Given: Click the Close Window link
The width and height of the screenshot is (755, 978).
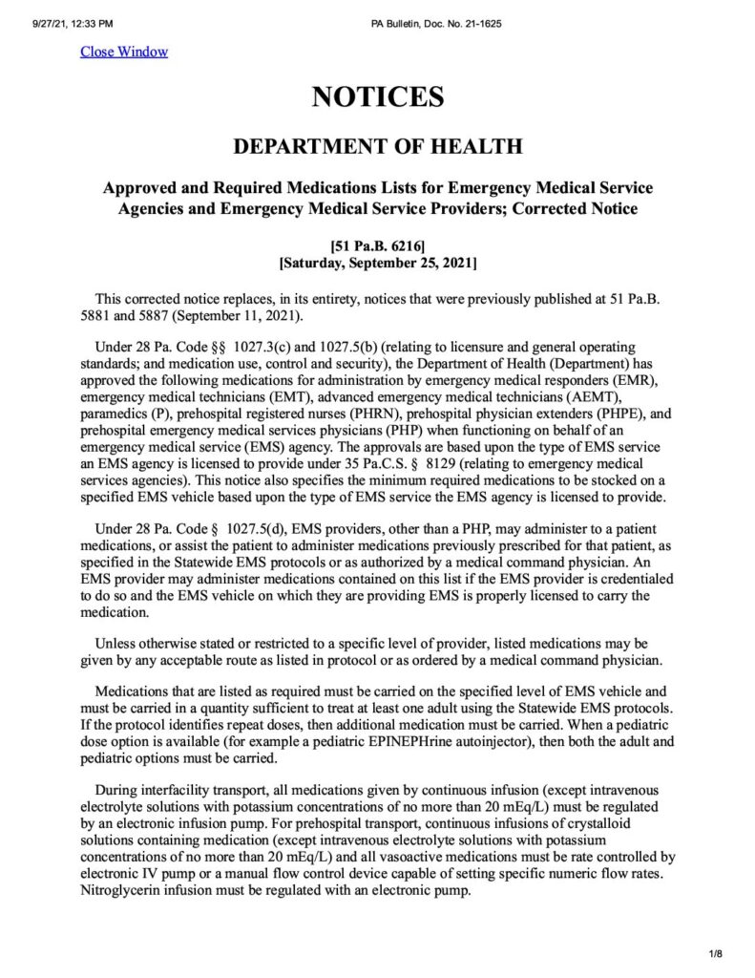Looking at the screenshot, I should click(123, 52).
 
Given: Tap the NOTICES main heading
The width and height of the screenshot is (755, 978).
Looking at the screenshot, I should click(377, 96).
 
